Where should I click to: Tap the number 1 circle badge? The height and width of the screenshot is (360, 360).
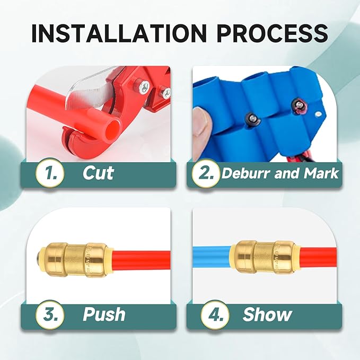point(50,173)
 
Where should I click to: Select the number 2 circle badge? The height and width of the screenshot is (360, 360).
point(206,173)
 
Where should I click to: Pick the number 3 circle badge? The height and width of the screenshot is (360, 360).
point(50,314)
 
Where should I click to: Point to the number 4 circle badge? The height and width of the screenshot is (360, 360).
point(215,314)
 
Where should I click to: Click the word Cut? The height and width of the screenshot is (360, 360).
point(98,173)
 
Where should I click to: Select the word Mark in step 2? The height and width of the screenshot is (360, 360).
point(321,173)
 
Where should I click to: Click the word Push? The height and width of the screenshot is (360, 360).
point(104,314)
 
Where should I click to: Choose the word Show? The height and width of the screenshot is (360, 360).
point(267,314)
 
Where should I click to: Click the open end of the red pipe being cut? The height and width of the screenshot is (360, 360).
point(113,128)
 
